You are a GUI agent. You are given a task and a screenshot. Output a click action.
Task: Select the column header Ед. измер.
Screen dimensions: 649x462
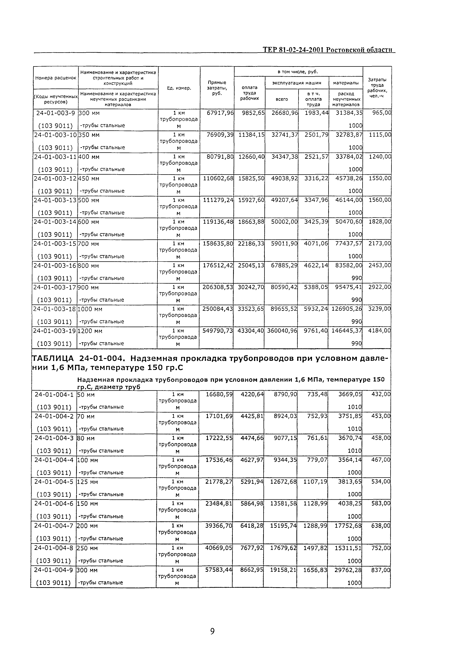pos(179,88)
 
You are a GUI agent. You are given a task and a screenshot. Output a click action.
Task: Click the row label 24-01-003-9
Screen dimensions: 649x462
pos(55,113)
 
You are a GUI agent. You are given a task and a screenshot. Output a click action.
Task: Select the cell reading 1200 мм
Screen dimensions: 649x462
pos(90,331)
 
